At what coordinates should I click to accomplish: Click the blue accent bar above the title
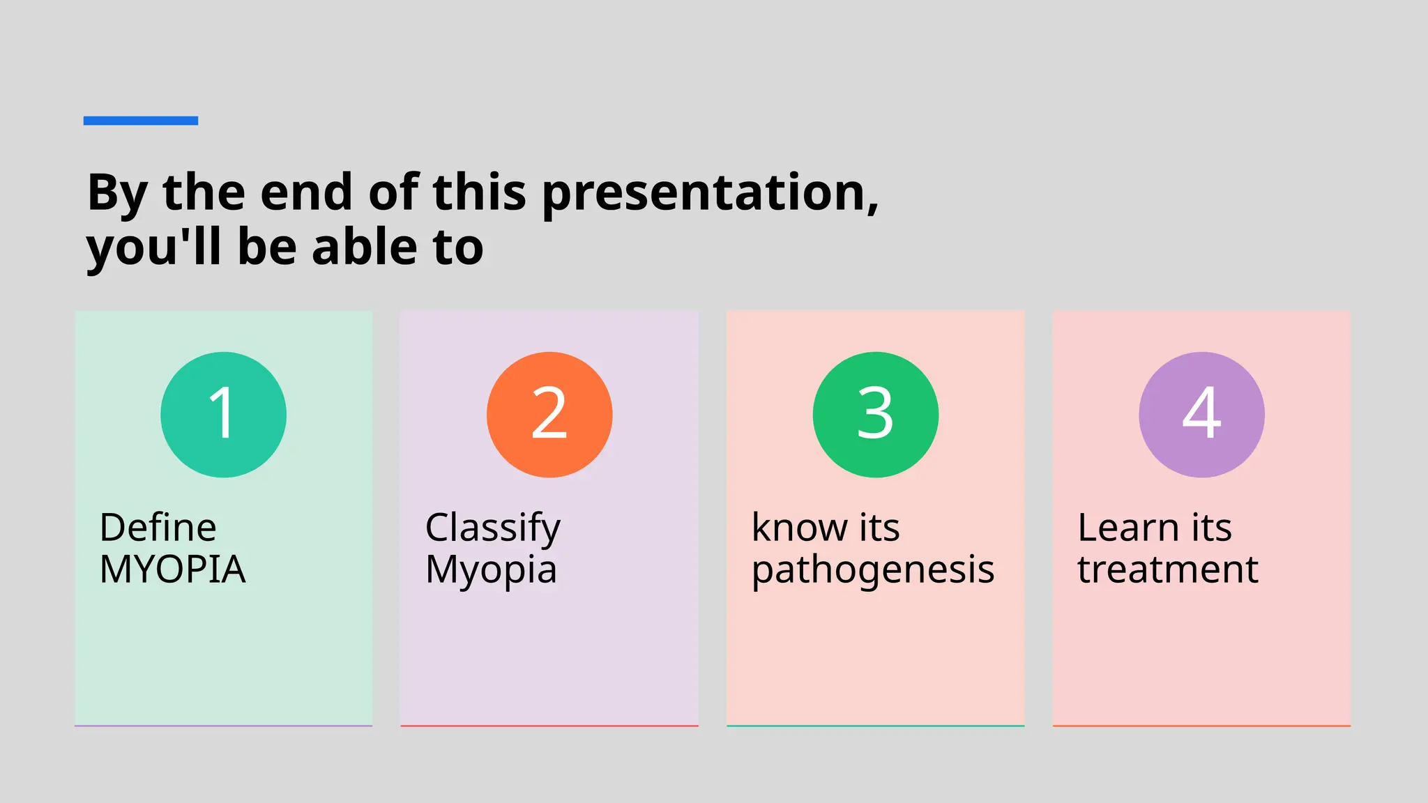tap(140, 121)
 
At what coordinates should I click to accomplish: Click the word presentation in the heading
tap(708, 193)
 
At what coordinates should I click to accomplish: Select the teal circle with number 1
tap(223, 415)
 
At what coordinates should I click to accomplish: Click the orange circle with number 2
tap(549, 415)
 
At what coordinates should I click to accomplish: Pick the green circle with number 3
tap(875, 415)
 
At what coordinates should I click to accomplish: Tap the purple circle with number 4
tap(1201, 415)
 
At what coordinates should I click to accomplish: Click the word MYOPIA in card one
tap(172, 569)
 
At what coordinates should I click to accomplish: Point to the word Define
tap(158, 528)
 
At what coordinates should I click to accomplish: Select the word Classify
tap(492, 528)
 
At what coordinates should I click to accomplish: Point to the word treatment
tap(1167, 569)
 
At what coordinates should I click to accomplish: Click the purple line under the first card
tap(223, 726)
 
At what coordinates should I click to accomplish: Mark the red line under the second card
tap(549, 726)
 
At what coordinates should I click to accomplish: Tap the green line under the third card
tap(875, 726)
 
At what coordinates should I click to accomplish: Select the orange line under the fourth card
tap(1201, 726)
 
